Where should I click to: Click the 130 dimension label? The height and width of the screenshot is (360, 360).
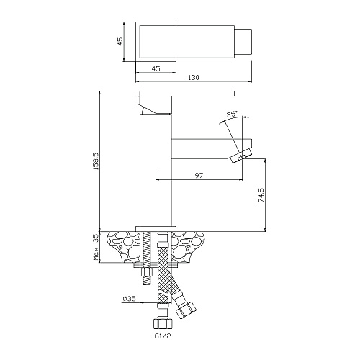[x=194, y=77]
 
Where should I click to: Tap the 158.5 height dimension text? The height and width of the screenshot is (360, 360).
[x=96, y=161]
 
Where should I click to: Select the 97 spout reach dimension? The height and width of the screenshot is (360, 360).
[x=199, y=175]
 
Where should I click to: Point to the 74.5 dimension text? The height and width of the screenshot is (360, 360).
[x=261, y=194]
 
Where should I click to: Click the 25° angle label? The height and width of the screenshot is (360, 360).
[x=233, y=114]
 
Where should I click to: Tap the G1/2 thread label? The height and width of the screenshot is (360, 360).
[x=162, y=336]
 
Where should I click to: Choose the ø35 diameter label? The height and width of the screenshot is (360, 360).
[x=129, y=298]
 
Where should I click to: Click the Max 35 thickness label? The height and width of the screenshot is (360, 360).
[x=96, y=248]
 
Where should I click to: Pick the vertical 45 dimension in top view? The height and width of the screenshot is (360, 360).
[x=120, y=41]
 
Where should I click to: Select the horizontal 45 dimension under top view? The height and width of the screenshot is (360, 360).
[x=156, y=68]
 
